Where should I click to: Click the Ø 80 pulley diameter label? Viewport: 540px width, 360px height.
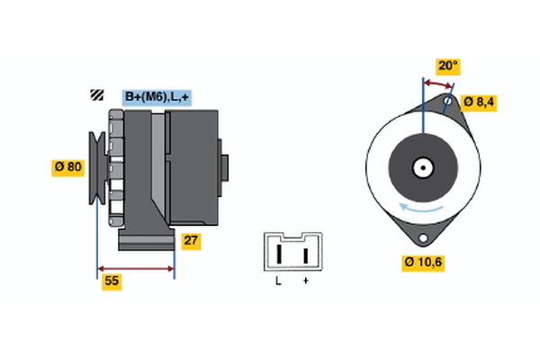point(68,166)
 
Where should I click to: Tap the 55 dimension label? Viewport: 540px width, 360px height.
point(112,282)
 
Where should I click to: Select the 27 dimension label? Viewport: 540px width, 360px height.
point(191,240)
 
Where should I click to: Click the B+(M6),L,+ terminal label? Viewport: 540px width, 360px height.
point(157,96)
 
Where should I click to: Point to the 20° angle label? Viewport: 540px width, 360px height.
point(447,66)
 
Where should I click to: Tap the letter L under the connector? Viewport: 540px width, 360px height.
point(278,282)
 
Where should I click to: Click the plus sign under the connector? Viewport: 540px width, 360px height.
point(306,282)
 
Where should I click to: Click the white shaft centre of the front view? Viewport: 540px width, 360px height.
point(421,166)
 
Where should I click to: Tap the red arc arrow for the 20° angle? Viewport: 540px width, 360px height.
point(437,82)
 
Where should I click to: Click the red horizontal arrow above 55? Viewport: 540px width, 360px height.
point(135,269)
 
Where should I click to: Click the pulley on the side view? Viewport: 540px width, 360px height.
point(96,167)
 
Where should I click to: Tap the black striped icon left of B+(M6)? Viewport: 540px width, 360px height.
point(95,95)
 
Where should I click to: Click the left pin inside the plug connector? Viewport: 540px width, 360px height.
point(280,254)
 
